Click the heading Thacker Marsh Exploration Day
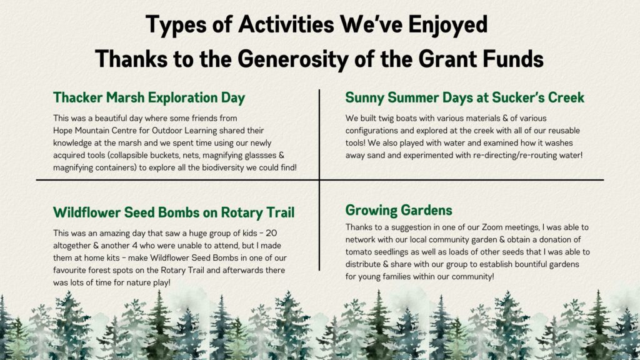(149, 98)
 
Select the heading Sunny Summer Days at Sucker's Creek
(465, 98)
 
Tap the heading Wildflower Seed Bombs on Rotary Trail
(174, 212)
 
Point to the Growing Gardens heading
(399, 211)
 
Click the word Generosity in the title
(292, 59)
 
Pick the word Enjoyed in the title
(447, 25)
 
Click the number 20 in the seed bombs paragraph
(271, 234)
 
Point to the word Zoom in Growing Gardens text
(492, 227)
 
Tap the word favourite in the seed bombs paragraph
(70, 270)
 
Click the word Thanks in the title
(131, 59)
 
